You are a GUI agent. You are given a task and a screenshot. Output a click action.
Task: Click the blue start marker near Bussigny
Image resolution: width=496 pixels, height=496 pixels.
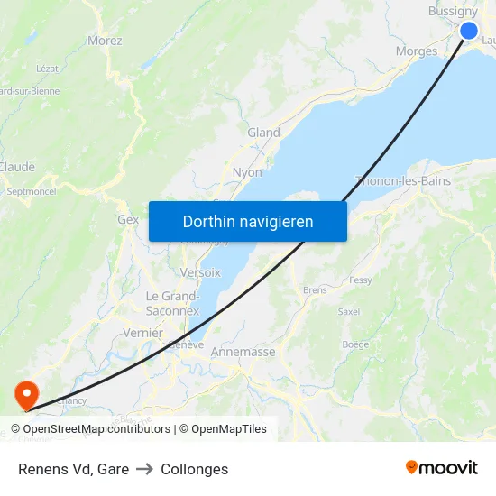point(469,31)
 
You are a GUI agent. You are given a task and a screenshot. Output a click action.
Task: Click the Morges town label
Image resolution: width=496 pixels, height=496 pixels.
point(417,51)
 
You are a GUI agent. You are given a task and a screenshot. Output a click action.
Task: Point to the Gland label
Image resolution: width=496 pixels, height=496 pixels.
point(263,133)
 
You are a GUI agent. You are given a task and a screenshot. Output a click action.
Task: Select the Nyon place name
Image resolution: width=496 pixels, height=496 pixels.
point(247,172)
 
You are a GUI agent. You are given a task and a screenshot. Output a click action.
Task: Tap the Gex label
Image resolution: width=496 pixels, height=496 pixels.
point(128,219)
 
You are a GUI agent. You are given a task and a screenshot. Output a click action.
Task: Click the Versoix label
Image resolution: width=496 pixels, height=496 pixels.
point(200,272)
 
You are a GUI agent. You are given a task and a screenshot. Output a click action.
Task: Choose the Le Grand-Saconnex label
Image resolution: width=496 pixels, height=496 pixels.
point(172,303)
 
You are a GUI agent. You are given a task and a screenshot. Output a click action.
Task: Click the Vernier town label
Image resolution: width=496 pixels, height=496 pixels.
point(142,333)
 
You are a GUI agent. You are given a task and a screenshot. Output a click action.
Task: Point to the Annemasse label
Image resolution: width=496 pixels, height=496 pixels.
point(243,353)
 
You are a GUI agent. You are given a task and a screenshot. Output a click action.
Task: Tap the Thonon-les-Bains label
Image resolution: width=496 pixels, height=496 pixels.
point(403,180)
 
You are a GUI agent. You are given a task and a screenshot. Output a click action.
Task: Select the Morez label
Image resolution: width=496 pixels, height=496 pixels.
point(105,41)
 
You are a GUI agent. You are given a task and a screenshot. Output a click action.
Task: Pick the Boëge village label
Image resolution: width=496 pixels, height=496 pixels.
point(355,344)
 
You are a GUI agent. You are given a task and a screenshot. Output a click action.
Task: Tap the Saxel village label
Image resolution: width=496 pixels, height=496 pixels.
point(348,312)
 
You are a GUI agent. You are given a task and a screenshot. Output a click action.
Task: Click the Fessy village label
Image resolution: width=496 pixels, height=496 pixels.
point(360,280)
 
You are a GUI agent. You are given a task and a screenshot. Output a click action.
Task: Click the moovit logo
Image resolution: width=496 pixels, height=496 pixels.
point(442,468)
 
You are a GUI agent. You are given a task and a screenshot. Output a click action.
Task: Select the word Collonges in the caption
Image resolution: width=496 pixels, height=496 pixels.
point(194,469)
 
